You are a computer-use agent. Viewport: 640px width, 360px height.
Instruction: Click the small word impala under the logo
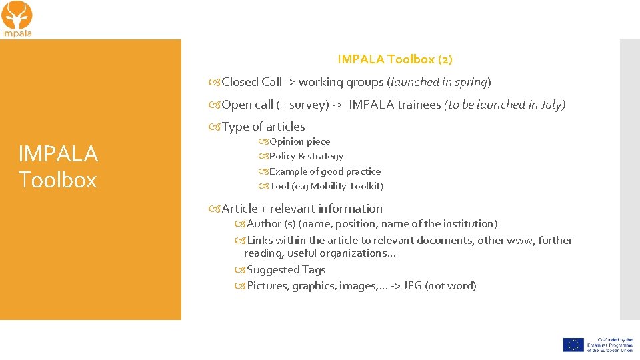tap(17, 33)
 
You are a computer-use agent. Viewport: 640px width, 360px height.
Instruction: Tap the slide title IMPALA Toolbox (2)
tap(395, 59)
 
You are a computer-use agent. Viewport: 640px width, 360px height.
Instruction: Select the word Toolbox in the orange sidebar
tap(57, 180)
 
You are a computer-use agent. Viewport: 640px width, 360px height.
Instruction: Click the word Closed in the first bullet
tap(241, 82)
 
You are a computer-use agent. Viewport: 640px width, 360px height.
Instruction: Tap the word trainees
tap(418, 105)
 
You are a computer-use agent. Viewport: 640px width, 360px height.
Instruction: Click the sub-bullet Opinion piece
tap(299, 141)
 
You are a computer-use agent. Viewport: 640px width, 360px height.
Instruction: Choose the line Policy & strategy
tap(306, 156)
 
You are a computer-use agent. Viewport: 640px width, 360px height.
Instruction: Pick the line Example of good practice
tap(325, 171)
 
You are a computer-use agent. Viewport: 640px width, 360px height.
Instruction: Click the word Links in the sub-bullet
tap(260, 240)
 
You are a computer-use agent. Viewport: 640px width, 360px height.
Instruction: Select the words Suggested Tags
tap(286, 270)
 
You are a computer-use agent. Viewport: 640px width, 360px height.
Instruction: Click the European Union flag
tap(573, 345)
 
